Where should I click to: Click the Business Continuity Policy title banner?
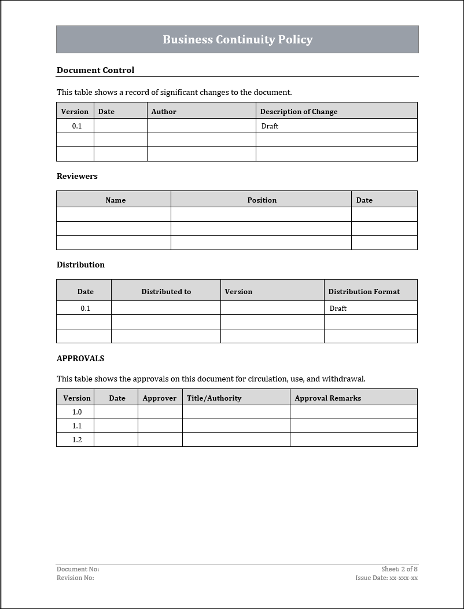[x=237, y=39]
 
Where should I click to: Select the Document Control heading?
[x=95, y=70]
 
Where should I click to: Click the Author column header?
[x=164, y=111]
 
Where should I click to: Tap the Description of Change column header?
[x=299, y=111]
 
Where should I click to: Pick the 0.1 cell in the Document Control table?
[x=77, y=126]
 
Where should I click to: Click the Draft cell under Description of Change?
[x=270, y=126]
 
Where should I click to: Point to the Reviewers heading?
[x=77, y=176]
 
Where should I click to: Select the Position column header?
[x=262, y=200]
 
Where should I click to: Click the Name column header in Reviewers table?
[x=115, y=200]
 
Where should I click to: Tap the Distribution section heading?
[x=80, y=265]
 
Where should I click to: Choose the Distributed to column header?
[x=166, y=291]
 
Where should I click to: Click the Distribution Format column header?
[x=364, y=291]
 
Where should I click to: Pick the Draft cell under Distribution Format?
[x=338, y=308]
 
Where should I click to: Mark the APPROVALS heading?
[x=80, y=358]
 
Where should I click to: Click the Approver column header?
[x=160, y=398]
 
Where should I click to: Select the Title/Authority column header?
[x=214, y=398]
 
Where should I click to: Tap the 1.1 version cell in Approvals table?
[x=77, y=425]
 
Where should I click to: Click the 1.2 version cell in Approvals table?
[x=77, y=439]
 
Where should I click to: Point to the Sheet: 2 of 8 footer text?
[x=399, y=569]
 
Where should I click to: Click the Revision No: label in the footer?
[x=75, y=578]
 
